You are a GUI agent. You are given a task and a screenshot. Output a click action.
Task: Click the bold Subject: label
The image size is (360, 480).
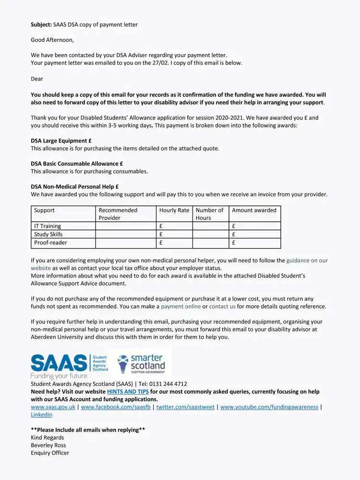click(41, 24)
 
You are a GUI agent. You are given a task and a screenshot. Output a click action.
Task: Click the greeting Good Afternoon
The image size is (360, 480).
click(52, 40)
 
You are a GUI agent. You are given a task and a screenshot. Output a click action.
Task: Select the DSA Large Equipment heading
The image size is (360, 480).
click(61, 141)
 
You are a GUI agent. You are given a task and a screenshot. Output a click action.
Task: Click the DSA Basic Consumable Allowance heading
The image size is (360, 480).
click(77, 164)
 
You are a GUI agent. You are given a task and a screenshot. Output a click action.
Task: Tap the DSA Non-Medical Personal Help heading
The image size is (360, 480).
click(74, 187)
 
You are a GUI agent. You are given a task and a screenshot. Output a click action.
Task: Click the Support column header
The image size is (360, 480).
click(45, 210)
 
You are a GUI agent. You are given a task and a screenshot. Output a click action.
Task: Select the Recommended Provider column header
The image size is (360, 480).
click(118, 214)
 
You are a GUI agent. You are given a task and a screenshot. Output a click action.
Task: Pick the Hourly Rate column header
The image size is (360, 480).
click(174, 210)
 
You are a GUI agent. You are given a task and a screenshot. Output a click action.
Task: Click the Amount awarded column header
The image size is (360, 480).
click(254, 210)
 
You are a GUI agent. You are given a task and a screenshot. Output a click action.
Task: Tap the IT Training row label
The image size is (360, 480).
click(48, 226)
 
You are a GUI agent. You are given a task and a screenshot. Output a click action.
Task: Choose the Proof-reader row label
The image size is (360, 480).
click(50, 243)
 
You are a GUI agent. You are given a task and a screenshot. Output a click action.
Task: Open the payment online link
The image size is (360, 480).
click(180, 306)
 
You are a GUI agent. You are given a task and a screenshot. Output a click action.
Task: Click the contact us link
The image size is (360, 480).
click(222, 306)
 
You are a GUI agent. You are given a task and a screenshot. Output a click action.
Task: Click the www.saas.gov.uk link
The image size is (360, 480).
click(53, 407)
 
